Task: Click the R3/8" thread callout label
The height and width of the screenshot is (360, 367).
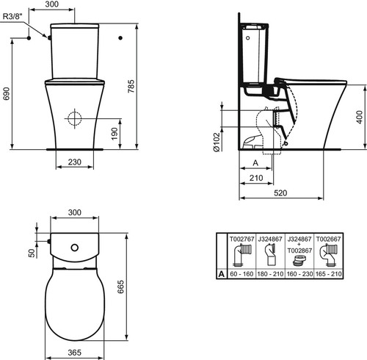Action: click(12, 16)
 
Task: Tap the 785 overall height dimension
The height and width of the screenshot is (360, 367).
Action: click(131, 86)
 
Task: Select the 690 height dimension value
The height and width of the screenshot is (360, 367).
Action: click(6, 93)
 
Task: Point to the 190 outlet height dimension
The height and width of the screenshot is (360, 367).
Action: click(115, 134)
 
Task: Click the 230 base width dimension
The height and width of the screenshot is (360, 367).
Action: click(75, 162)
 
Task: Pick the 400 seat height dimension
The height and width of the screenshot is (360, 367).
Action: click(359, 117)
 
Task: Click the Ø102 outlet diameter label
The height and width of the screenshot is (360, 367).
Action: click(217, 143)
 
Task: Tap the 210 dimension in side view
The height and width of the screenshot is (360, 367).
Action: click(256, 178)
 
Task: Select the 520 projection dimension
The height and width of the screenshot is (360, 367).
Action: click(280, 193)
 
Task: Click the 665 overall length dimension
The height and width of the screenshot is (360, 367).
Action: click(120, 287)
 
